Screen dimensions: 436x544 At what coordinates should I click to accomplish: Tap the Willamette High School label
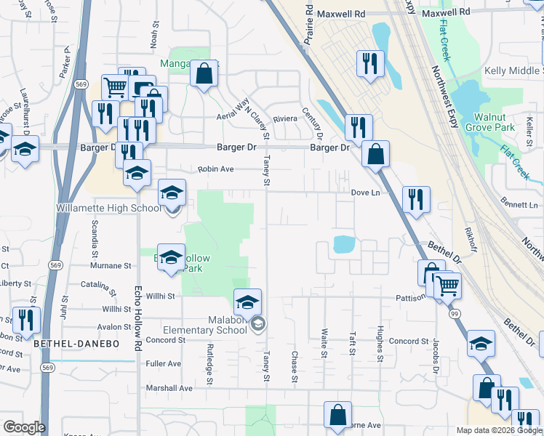click(x=109, y=209)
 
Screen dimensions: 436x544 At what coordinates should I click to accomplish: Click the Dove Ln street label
click(x=366, y=193)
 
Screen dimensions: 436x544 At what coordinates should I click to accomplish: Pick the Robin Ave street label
click(x=217, y=169)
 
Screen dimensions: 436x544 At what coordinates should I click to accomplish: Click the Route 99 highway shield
click(x=454, y=313)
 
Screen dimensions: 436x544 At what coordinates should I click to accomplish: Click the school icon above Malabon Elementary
click(x=247, y=300)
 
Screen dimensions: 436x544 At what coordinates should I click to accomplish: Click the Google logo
click(x=23, y=427)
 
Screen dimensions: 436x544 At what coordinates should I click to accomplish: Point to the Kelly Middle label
click(x=513, y=71)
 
